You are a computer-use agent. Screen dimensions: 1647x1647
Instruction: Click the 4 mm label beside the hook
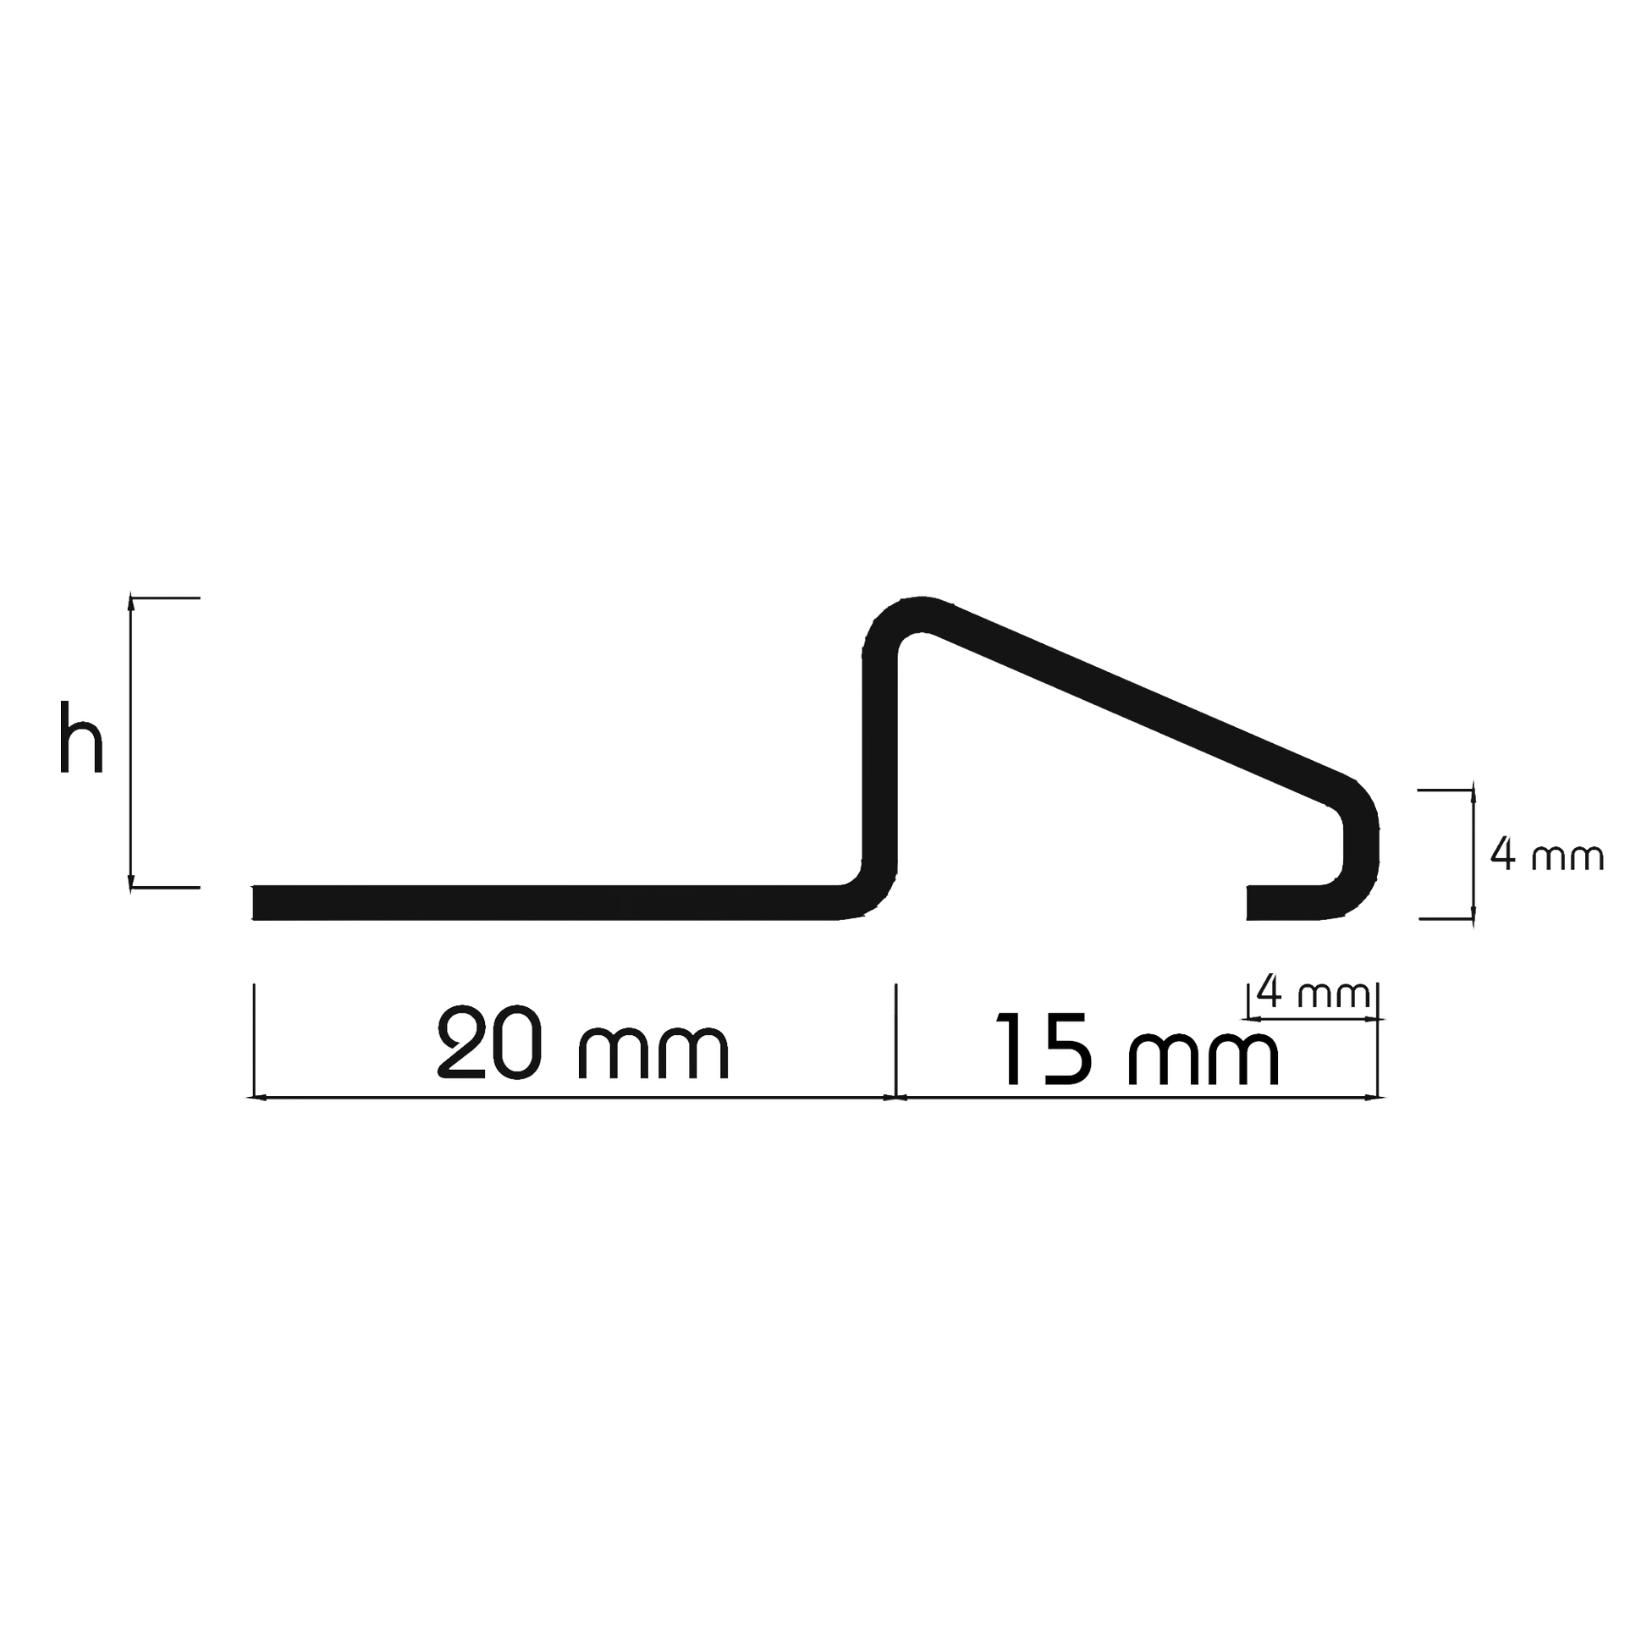[x=1545, y=857]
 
